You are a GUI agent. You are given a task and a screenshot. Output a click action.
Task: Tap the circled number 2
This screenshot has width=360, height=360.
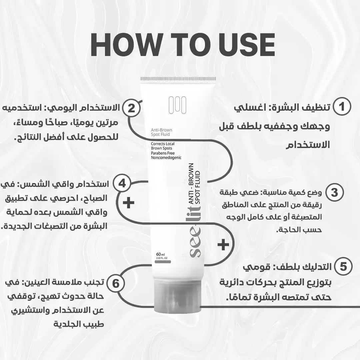pos(131,108)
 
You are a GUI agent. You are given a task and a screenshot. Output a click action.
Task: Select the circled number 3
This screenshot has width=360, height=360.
pos(335,192)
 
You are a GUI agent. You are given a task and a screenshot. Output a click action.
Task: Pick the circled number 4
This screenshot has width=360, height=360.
pos(122,183)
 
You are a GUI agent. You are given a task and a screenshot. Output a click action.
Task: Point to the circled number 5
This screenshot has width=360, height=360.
pos(343,266)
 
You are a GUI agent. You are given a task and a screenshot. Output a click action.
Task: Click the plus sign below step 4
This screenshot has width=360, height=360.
pos(129,203)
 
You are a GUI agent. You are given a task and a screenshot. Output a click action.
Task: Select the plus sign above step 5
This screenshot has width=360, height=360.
pos(223,244)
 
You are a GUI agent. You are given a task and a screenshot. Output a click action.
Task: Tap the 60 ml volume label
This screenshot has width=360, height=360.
pos(160,254)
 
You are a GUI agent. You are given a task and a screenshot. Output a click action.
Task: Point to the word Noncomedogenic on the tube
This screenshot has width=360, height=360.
pos(166,158)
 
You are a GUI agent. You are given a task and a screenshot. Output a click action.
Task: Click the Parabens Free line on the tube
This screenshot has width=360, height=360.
pos(163,153)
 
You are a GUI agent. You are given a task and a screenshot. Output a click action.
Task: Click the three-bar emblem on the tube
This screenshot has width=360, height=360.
pos(177,105)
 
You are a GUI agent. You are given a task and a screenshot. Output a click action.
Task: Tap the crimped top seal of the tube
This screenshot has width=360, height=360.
pos(178,79)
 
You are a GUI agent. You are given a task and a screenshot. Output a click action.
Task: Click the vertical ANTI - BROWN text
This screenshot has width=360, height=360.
pos(191,184)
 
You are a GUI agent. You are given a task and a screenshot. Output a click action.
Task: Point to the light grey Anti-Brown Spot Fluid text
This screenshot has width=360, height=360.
pos(161,132)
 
